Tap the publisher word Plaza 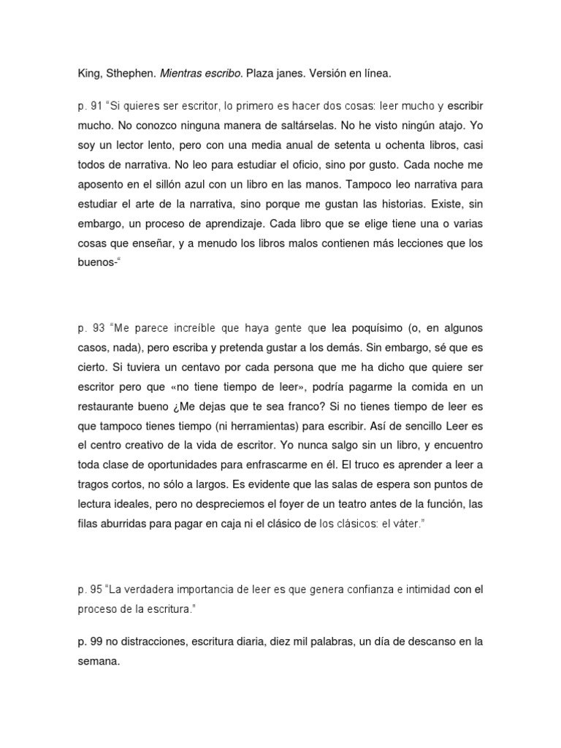(259, 74)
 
